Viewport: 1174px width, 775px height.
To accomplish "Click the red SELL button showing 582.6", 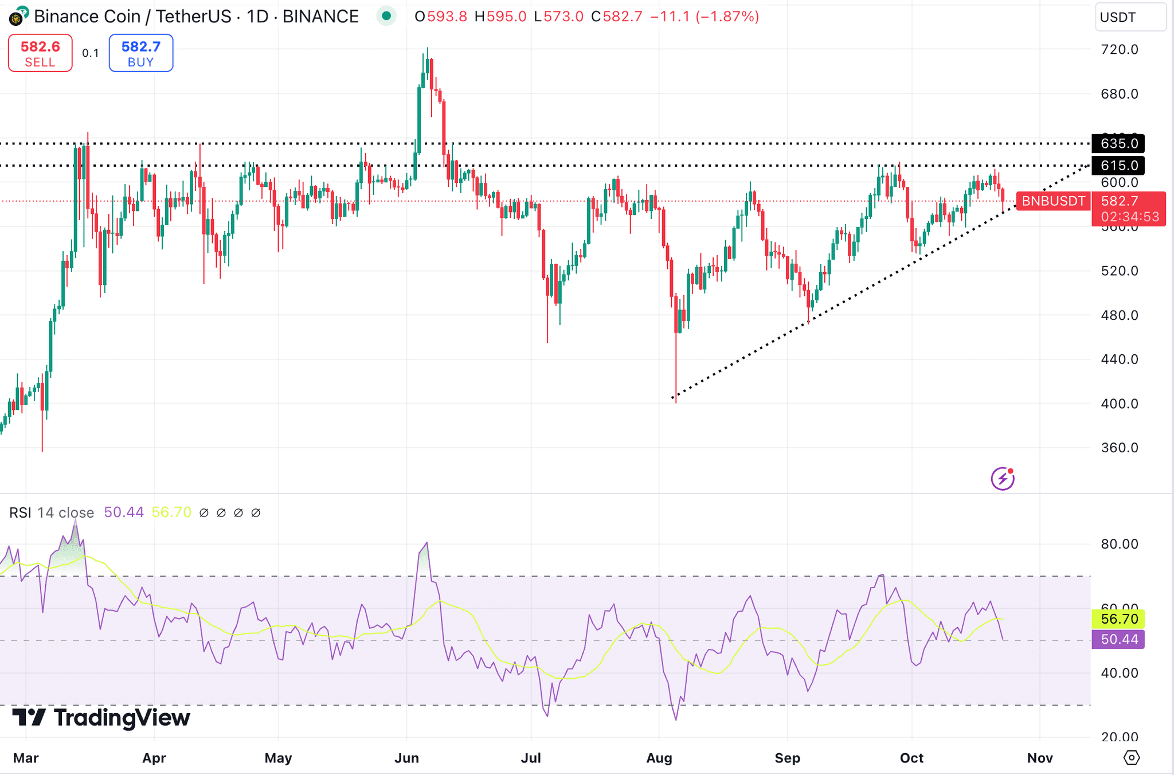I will [40, 53].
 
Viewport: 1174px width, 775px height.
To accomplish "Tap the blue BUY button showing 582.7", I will [141, 53].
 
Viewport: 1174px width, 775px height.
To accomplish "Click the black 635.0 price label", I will [1118, 143].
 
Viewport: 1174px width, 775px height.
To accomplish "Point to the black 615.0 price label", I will [1118, 166].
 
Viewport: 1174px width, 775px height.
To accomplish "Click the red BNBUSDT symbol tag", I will [1053, 201].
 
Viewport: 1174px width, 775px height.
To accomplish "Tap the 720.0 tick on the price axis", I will [1119, 49].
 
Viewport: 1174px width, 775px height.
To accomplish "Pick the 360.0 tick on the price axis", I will [1119, 448].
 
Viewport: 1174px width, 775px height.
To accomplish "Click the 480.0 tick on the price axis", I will [1119, 315].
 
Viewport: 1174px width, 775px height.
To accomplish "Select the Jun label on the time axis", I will [406, 758].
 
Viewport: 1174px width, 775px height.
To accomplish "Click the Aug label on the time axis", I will [659, 758].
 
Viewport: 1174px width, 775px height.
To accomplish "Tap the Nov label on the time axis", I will [1040, 758].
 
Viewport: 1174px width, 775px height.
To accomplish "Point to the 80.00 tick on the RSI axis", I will [1119, 543].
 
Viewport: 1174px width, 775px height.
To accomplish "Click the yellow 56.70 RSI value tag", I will [1118, 619].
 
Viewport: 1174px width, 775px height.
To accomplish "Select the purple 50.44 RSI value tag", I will [1118, 639].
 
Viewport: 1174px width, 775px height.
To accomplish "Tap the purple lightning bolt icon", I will [1003, 479].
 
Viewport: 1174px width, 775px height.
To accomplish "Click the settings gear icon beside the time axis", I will [1132, 758].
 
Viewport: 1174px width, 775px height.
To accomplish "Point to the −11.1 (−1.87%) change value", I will [705, 17].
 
